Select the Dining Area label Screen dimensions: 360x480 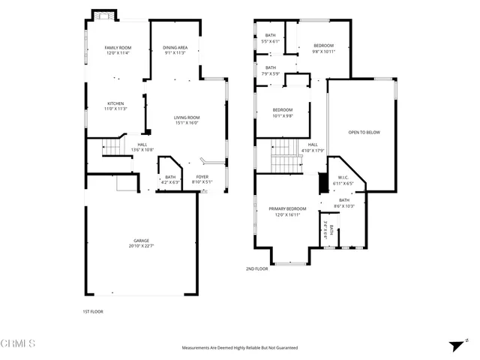pyautogui.click(x=175, y=48)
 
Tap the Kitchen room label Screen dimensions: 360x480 pyautogui.click(x=115, y=103)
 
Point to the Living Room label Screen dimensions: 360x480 pyautogui.click(x=187, y=117)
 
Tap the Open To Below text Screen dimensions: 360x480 pyautogui.click(x=364, y=132)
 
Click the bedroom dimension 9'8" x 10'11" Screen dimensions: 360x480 pyautogui.click(x=323, y=52)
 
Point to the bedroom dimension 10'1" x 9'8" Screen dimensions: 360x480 pyautogui.click(x=282, y=115)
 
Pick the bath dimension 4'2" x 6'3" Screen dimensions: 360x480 pyautogui.click(x=170, y=182)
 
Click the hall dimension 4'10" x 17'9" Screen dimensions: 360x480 pyautogui.click(x=313, y=150)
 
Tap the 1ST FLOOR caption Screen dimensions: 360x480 pyautogui.click(x=93, y=311)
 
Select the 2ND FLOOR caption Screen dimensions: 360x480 pyautogui.click(x=256, y=268)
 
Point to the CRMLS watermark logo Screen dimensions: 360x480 pyautogui.click(x=18, y=343)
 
